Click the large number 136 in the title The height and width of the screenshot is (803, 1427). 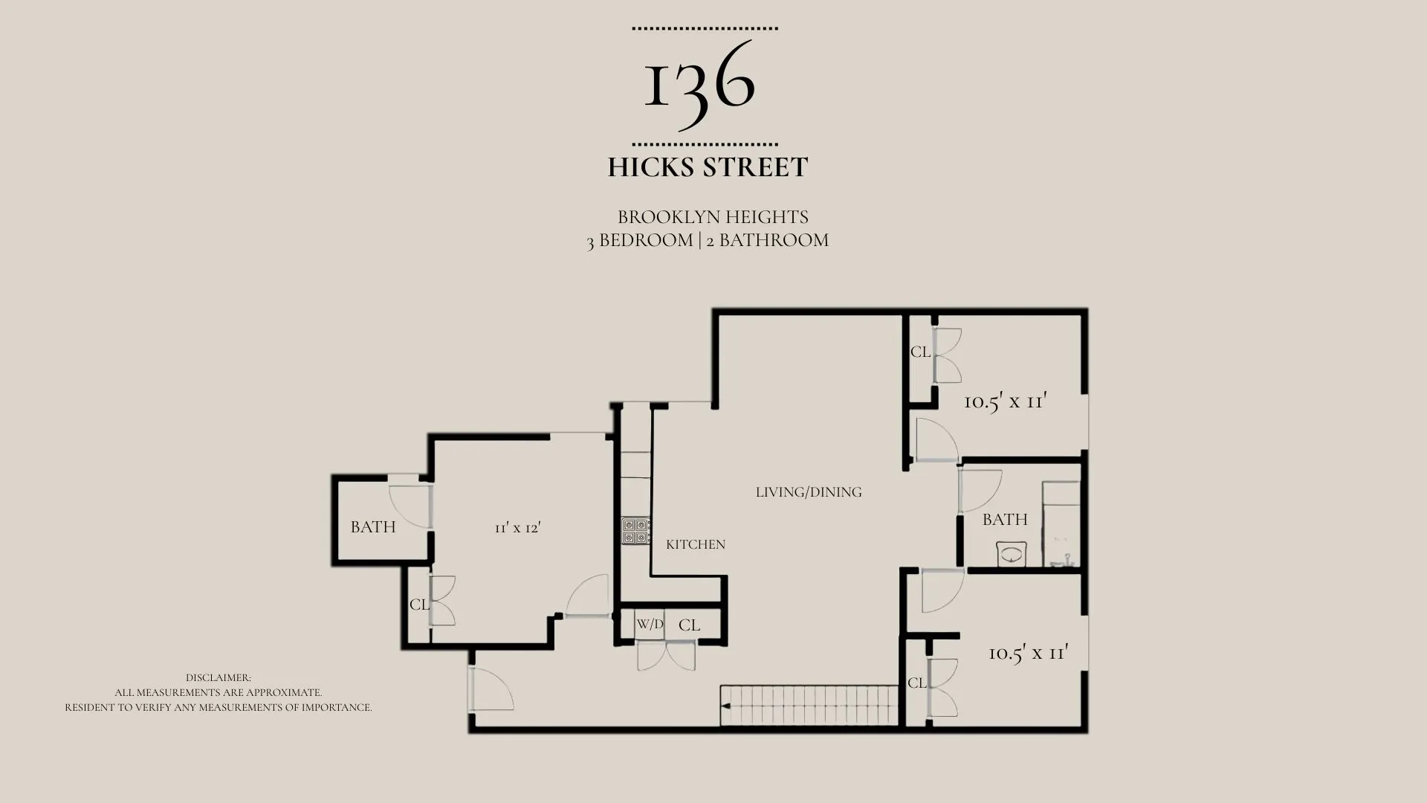(x=699, y=84)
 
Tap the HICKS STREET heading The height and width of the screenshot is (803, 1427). (x=708, y=167)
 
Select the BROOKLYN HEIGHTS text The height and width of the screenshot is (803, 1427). (x=713, y=217)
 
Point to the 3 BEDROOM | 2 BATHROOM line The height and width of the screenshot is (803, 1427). (x=708, y=240)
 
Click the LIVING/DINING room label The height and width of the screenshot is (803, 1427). (x=809, y=492)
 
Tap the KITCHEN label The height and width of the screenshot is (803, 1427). (x=696, y=544)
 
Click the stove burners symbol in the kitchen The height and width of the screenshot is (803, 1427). (x=636, y=531)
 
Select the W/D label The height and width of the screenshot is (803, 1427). (x=650, y=625)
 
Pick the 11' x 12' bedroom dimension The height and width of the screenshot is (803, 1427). (x=518, y=527)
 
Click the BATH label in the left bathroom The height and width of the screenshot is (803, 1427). (x=373, y=527)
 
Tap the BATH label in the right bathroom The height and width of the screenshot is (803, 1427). (x=1005, y=520)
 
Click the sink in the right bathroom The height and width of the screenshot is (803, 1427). (x=1012, y=554)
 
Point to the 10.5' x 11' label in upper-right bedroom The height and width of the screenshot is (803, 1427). (x=1006, y=401)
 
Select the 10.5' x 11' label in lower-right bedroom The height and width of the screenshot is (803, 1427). (x=1029, y=654)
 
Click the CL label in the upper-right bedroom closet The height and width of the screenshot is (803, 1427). (x=921, y=352)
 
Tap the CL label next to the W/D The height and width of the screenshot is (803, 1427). (x=689, y=625)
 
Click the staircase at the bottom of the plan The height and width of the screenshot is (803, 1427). (x=810, y=706)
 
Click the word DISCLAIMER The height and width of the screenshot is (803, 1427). (x=219, y=678)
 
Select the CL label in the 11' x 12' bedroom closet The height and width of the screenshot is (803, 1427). (x=419, y=604)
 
